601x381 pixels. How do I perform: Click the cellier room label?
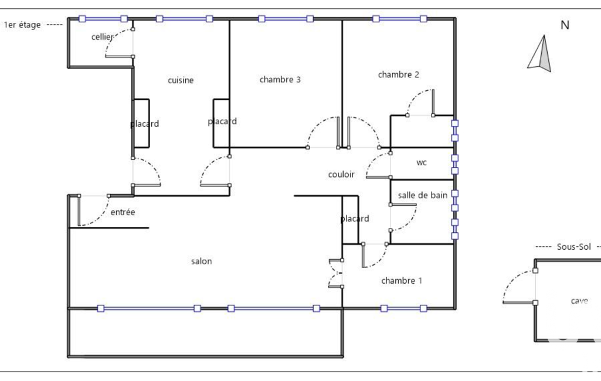point(103,37)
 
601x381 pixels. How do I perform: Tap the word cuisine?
point(181,80)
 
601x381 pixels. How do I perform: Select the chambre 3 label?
point(280,79)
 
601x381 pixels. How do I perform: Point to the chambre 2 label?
point(399,74)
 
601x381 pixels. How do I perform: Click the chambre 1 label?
point(402,281)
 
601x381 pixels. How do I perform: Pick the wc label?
point(422,162)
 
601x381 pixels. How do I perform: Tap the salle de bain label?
point(422,195)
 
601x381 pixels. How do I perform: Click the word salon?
point(202,261)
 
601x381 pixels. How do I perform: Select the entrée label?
point(123,212)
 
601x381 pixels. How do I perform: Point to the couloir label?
point(341,175)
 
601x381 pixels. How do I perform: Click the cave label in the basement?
point(579,301)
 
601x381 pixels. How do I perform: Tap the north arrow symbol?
point(539,54)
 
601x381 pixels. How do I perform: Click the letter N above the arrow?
point(565,25)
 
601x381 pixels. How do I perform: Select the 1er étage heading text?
point(22,25)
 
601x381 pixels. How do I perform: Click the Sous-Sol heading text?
point(574,246)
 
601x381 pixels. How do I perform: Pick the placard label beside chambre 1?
point(355,219)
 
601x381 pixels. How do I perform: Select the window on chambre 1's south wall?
point(403,308)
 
